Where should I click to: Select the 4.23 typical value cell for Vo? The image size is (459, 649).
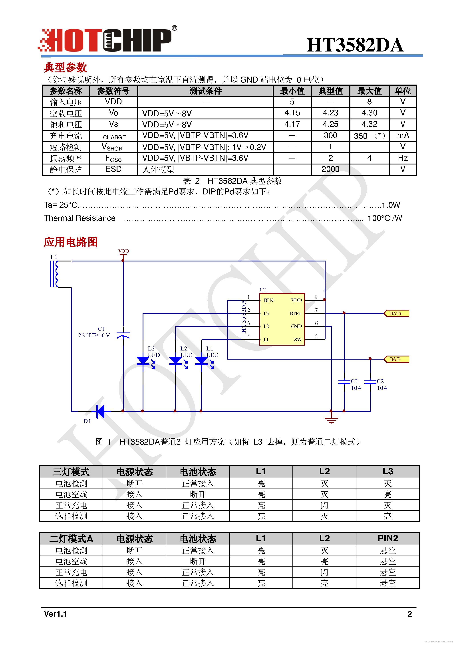click(330, 113)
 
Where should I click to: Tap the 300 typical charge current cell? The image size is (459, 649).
click(330, 136)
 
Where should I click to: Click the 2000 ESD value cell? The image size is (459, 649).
click(330, 169)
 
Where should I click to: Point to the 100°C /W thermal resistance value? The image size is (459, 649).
click(385, 218)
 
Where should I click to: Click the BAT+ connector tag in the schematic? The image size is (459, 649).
click(396, 313)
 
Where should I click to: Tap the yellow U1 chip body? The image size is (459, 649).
click(282, 319)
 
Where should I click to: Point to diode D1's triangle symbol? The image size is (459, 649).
click(100, 411)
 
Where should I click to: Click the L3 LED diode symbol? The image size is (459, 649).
click(143, 361)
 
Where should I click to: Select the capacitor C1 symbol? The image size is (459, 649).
click(123, 335)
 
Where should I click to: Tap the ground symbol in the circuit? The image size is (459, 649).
click(331, 420)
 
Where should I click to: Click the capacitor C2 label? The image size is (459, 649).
click(380, 381)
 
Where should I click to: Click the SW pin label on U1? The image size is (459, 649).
click(298, 339)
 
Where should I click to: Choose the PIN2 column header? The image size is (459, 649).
click(387, 538)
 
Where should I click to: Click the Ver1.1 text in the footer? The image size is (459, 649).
click(56, 614)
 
